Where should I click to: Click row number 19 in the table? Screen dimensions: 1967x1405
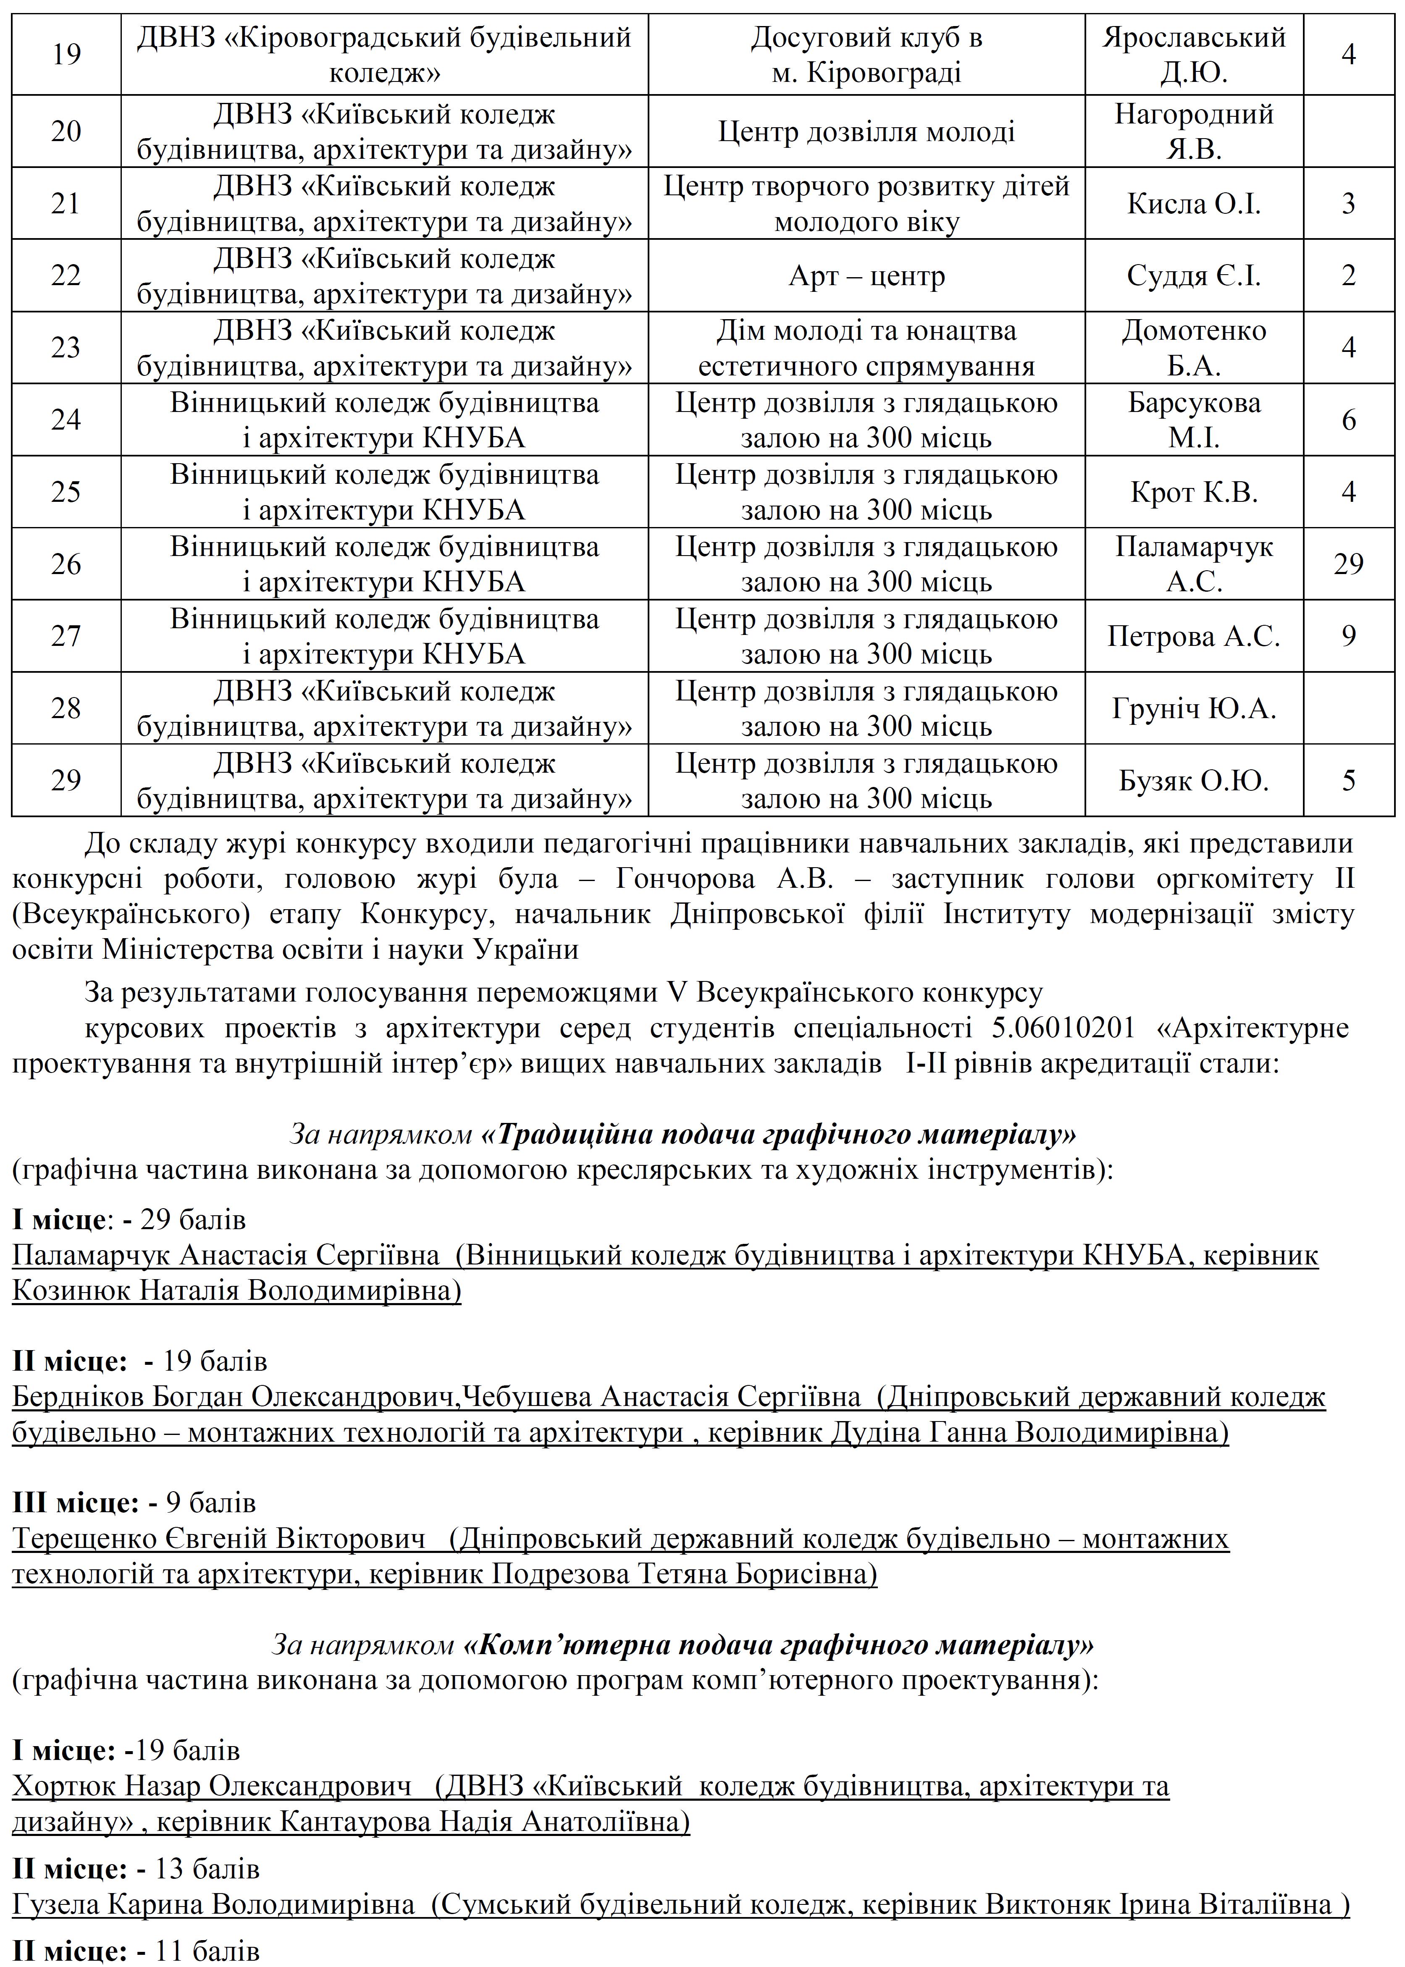point(66,55)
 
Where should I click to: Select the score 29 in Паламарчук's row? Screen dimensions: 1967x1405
point(1348,564)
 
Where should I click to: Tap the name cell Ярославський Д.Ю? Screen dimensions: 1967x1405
point(1194,55)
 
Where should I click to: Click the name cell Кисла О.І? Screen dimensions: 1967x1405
point(1194,204)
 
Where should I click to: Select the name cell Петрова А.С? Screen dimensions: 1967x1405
point(1194,637)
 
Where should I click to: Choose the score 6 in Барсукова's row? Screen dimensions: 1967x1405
point(1348,420)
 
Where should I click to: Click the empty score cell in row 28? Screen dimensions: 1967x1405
point(1348,708)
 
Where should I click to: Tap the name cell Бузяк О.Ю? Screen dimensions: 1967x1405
point(1194,781)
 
